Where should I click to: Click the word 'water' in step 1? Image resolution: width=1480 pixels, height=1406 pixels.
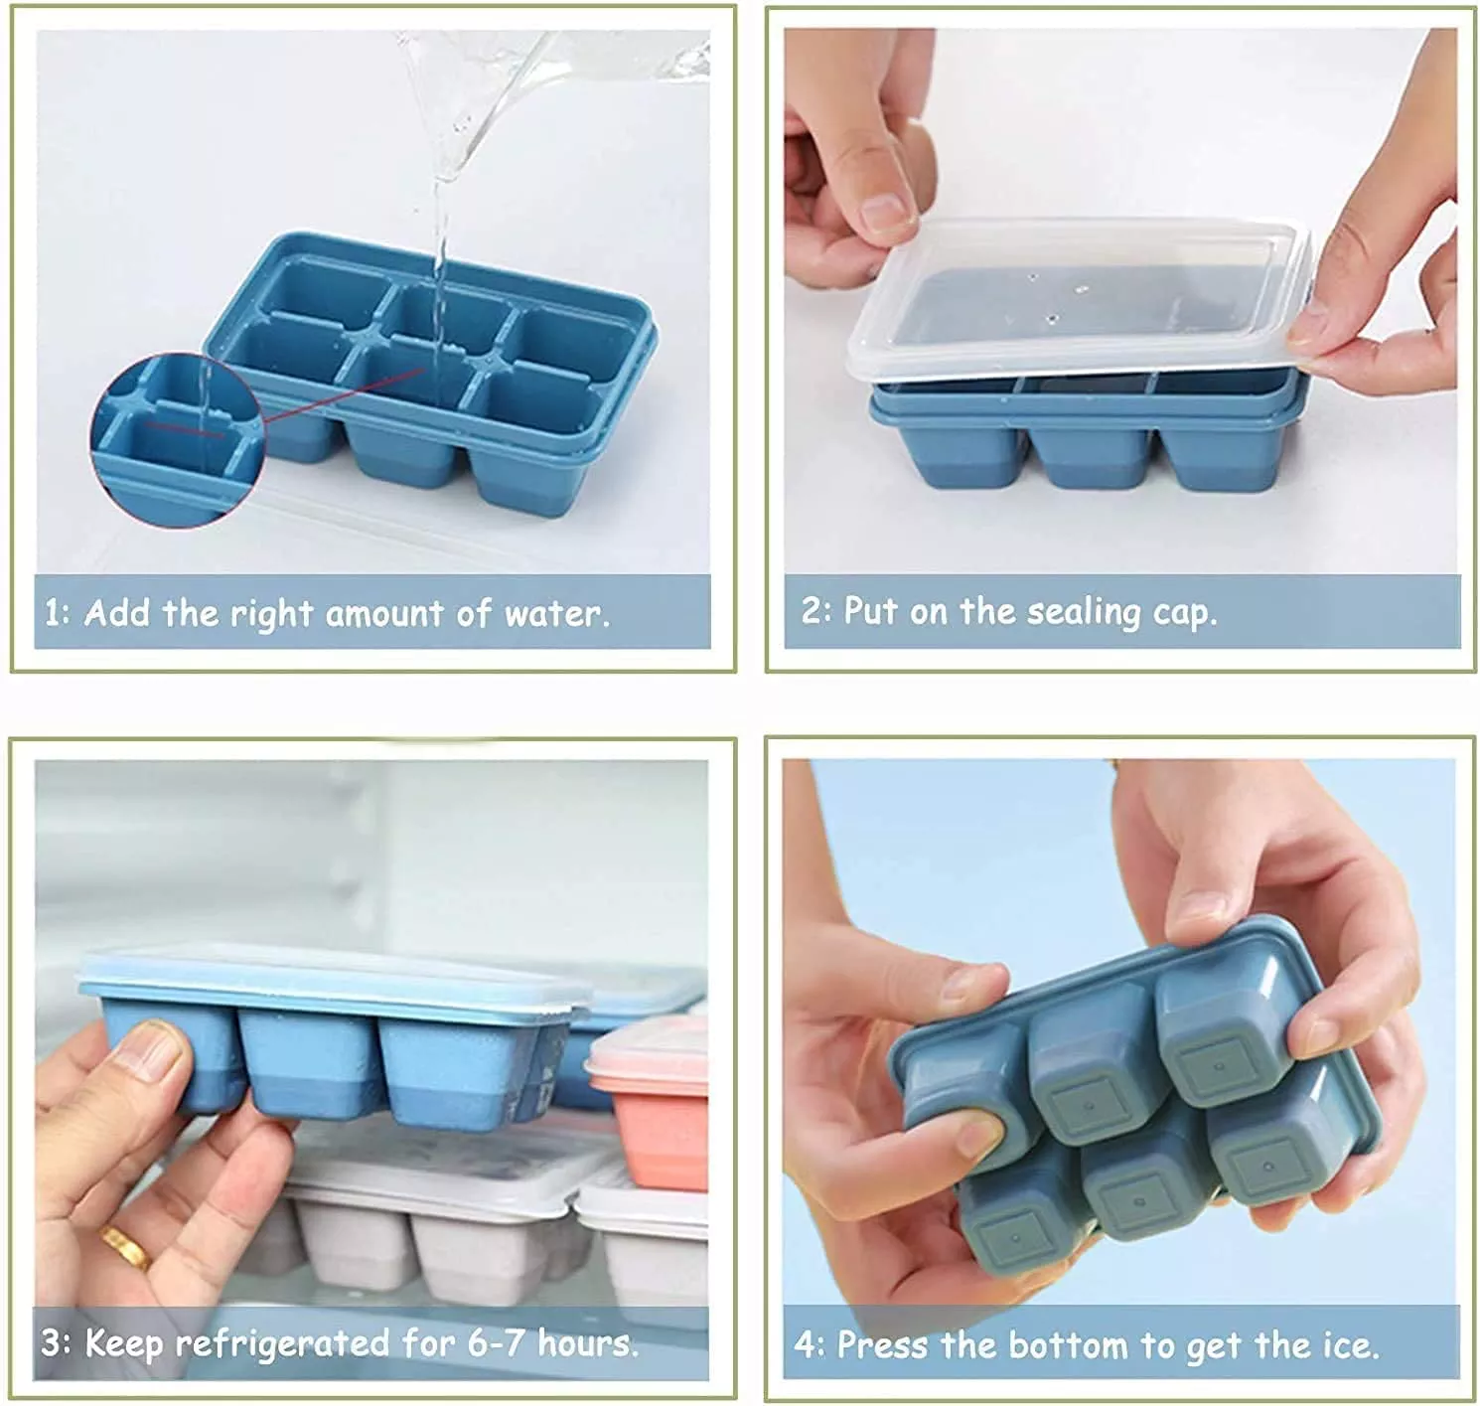552,614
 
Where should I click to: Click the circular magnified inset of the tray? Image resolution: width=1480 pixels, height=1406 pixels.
178,440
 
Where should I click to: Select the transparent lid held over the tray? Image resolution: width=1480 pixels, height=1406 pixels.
1078,300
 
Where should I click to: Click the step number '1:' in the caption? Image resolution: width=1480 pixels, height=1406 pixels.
58,613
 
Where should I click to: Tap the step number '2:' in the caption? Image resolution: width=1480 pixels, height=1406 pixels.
816,610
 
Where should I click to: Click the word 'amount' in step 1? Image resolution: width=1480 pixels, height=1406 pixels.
384,614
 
